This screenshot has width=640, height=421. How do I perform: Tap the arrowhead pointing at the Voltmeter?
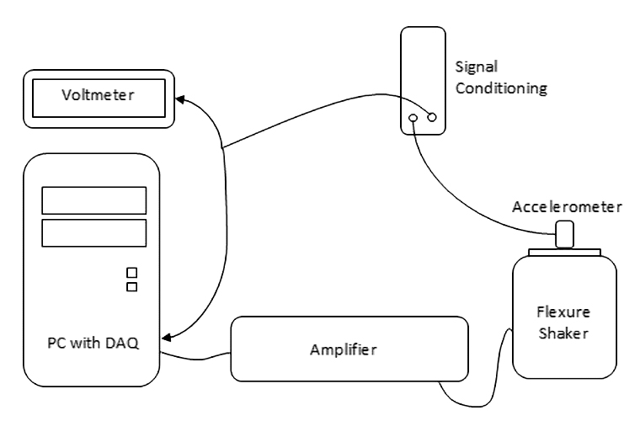click(x=182, y=100)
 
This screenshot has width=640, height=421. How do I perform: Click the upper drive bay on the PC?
click(x=94, y=200)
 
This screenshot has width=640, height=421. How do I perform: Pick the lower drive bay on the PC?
click(x=94, y=232)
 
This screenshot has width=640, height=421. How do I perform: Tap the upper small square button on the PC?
click(x=131, y=272)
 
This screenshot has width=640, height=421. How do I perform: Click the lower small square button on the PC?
click(x=131, y=287)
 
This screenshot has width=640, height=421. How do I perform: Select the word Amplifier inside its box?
click(x=348, y=349)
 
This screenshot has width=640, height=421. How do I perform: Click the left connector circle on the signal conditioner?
click(x=413, y=119)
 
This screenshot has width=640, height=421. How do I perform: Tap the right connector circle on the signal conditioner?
click(x=432, y=119)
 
